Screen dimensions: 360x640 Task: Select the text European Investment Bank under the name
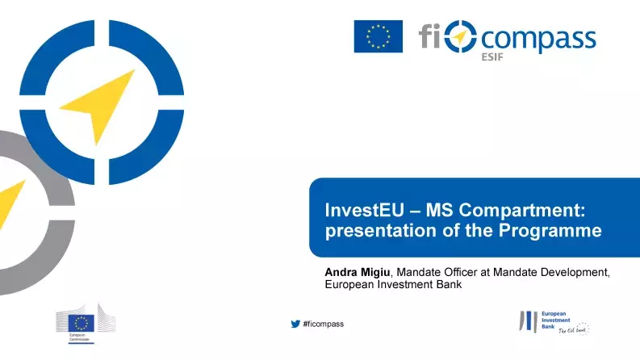393,284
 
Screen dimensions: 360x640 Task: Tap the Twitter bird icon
295,324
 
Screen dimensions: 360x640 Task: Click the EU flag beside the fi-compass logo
378,36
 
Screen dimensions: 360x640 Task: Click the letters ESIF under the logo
491,58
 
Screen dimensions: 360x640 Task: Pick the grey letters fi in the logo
430,36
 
